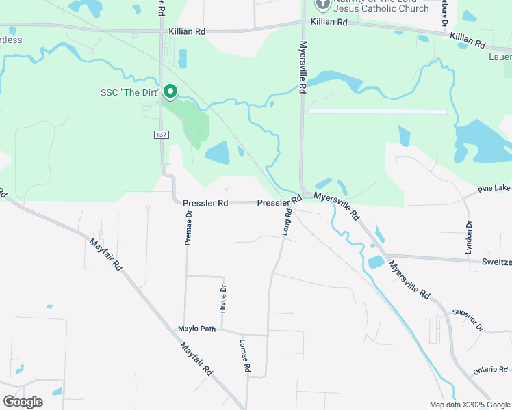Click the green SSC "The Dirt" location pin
coord(170,91)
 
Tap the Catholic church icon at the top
coord(322,4)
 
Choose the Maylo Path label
coord(197,329)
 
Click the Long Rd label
coord(287,223)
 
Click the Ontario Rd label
coord(489,370)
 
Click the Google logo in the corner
coord(23,402)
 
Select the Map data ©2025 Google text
coord(469,405)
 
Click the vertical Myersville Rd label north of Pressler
coord(302,67)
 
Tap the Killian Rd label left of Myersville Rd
coord(187,31)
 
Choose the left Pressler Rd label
coord(205,203)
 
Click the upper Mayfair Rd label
coord(106,254)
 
